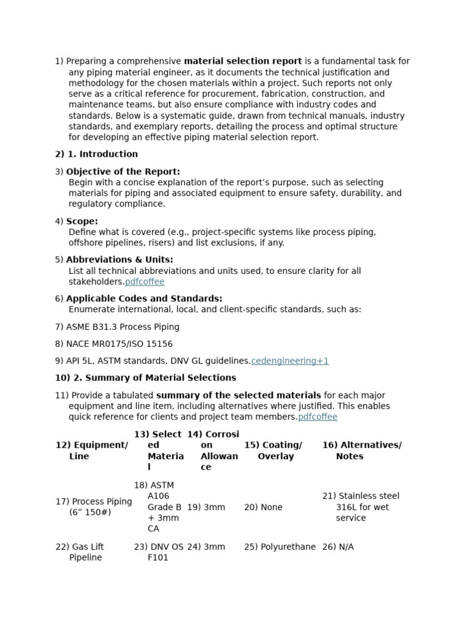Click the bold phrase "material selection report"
point(243,61)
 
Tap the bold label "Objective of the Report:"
point(123,172)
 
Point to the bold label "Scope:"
point(82,222)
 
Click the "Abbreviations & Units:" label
point(119,260)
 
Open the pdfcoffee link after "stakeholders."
point(145,282)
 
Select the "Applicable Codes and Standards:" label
point(144,299)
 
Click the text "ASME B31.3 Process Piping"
point(123,327)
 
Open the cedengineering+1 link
point(290,361)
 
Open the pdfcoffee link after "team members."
point(317,417)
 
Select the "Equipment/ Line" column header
point(92,451)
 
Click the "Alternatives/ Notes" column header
point(362,451)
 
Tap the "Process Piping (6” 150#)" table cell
point(94,507)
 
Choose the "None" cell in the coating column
point(263,507)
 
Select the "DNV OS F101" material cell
point(159,552)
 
